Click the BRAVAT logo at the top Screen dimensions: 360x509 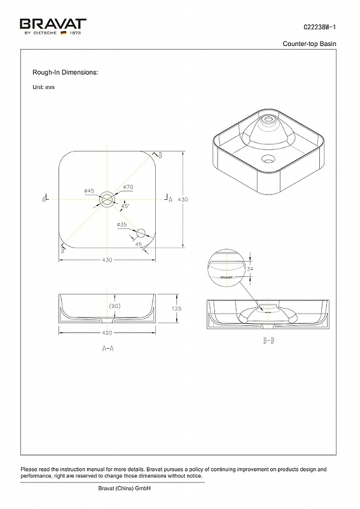click(53, 26)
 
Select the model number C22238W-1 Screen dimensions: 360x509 click(320, 27)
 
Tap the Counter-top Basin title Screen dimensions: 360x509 click(309, 43)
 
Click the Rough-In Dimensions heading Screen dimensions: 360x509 click(65, 72)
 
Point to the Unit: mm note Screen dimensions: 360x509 click(43, 87)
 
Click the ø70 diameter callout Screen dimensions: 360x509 click(128, 186)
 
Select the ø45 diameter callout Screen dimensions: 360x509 click(89, 190)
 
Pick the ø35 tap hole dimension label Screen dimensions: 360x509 click(121, 225)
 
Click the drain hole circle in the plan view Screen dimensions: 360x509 click(107, 193)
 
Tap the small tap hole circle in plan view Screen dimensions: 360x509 click(141, 229)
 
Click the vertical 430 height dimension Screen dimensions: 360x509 click(183, 199)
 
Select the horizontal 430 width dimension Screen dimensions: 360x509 click(107, 260)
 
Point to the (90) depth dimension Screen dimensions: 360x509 click(114, 306)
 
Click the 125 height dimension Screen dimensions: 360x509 click(177, 309)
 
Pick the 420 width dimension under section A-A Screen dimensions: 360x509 click(107, 332)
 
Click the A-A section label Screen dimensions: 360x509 click(107, 348)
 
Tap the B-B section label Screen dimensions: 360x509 click(268, 340)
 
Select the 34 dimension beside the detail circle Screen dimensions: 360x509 click(250, 268)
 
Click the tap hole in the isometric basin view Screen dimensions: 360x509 click(268, 158)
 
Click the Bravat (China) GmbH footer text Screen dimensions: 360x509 click(124, 488)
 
